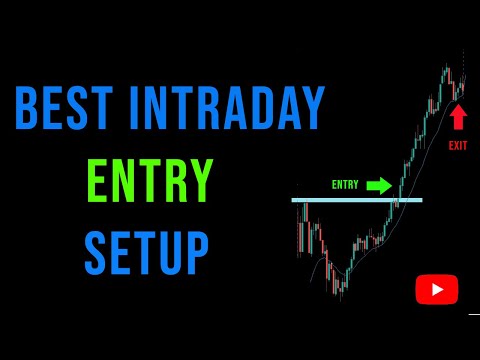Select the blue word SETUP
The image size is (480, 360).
(x=148, y=252)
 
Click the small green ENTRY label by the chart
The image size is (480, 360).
(x=345, y=185)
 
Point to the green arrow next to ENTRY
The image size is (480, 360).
(x=379, y=185)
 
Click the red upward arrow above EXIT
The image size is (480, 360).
(x=458, y=118)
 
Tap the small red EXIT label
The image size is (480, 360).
(x=458, y=146)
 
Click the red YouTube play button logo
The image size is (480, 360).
(x=437, y=290)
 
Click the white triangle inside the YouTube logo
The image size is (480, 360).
(x=438, y=290)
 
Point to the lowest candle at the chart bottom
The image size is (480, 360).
(x=341, y=290)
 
